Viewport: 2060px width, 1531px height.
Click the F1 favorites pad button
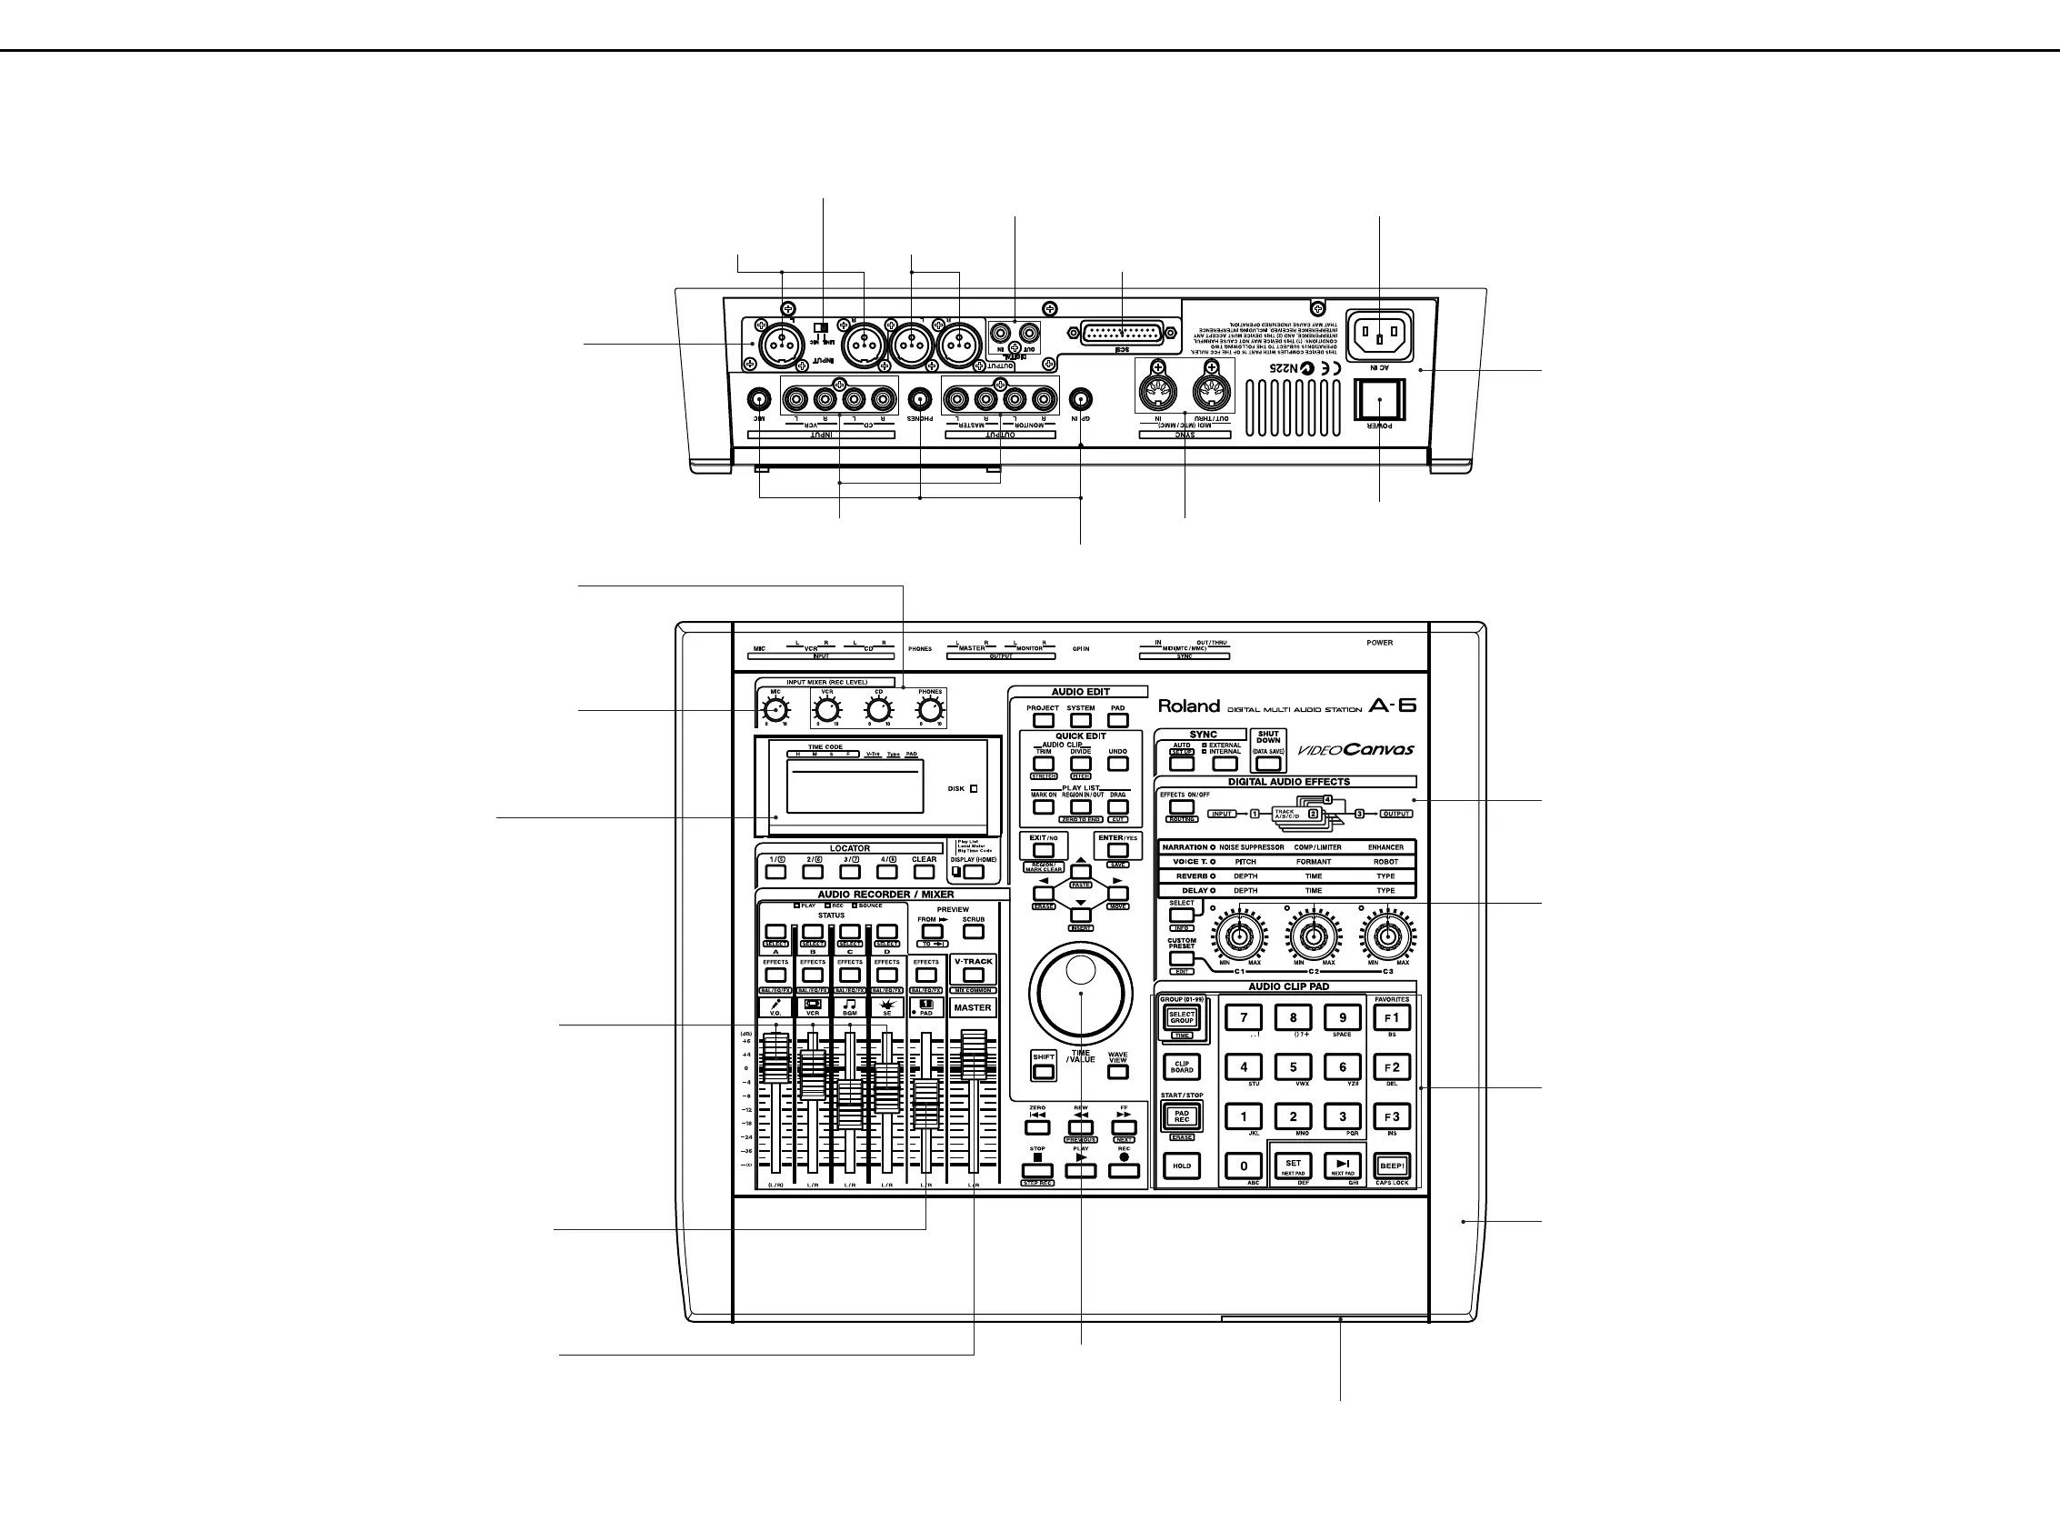pyautogui.click(x=1391, y=1018)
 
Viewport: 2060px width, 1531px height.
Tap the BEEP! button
pyautogui.click(x=1392, y=1166)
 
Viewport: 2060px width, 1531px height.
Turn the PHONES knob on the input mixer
pyautogui.click(x=930, y=711)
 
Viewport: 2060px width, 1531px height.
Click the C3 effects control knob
pyautogui.click(x=1386, y=937)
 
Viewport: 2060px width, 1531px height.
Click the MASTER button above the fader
pyautogui.click(x=973, y=1007)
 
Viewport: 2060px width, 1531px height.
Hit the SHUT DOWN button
pyautogui.click(x=1267, y=764)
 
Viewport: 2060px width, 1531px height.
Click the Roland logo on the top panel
pyautogui.click(x=1189, y=706)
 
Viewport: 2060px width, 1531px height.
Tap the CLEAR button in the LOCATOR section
pyautogui.click(x=924, y=872)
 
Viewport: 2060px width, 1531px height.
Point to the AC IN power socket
pyautogui.click(x=1379, y=336)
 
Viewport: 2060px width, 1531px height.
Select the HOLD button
pyautogui.click(x=1182, y=1166)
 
